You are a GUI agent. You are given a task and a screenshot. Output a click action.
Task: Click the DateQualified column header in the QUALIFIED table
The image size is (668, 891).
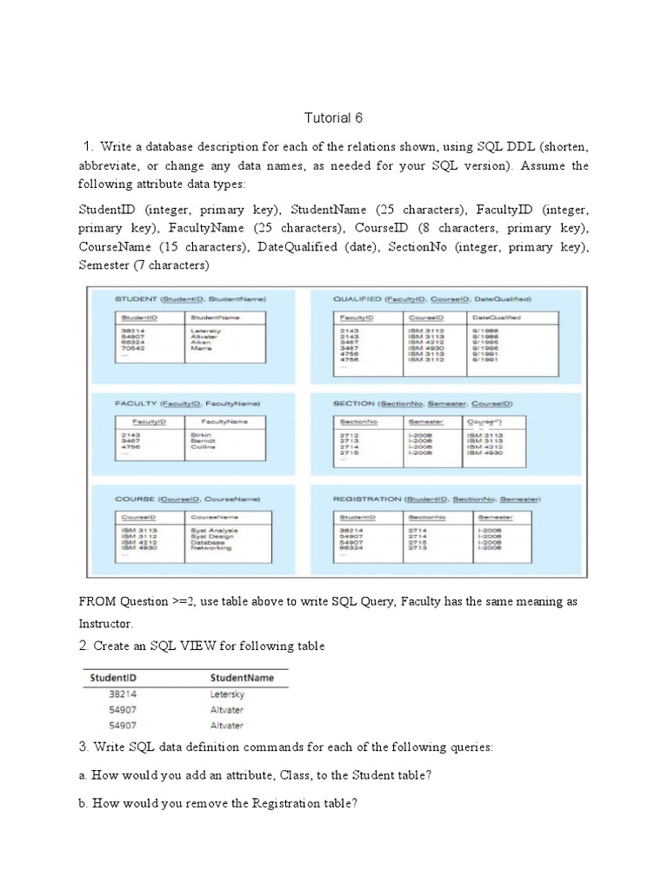(496, 318)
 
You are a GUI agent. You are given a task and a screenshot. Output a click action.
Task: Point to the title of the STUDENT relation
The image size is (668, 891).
(190, 298)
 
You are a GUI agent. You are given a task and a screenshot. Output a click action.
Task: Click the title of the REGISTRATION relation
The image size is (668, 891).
(438, 499)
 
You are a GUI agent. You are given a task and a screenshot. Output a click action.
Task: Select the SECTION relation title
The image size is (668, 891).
(423, 404)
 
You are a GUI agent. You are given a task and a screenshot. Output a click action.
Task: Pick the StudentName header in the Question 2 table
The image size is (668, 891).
(242, 678)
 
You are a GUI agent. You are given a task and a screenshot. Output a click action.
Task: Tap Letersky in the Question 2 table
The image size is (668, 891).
(228, 694)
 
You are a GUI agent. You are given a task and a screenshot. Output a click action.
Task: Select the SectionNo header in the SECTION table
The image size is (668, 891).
(359, 422)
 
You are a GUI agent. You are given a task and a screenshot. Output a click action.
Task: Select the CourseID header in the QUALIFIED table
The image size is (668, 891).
(427, 318)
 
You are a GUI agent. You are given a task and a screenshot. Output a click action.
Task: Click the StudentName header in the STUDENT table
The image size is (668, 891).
(215, 318)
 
